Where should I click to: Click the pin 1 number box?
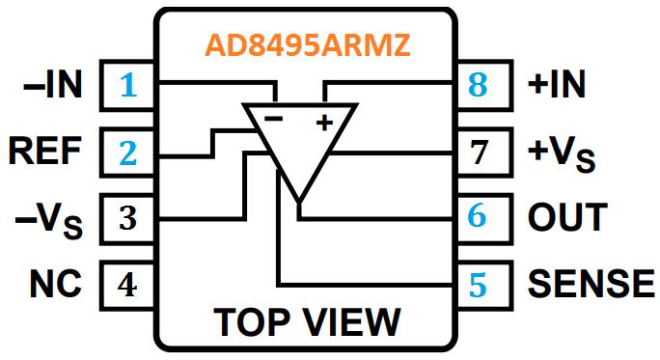[x=128, y=86]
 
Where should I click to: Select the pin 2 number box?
[x=128, y=152]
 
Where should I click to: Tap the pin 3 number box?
[x=128, y=216]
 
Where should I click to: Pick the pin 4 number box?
[x=128, y=283]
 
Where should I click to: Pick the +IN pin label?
[x=556, y=86]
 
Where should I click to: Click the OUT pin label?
[x=567, y=216]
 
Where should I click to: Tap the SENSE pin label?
[x=591, y=283]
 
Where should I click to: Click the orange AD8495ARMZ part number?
[x=304, y=45]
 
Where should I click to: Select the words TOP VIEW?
[x=305, y=321]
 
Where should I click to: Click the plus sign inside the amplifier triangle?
[x=324, y=123]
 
